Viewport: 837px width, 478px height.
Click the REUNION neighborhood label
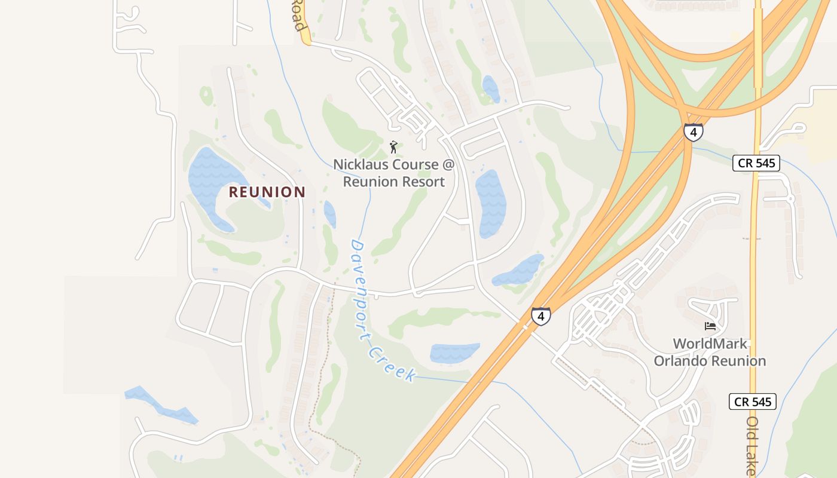267,192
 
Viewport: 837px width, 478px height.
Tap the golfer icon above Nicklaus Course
393,146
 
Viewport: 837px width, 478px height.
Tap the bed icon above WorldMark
710,326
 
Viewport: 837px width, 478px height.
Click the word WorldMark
710,344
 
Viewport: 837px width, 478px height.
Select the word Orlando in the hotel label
680,361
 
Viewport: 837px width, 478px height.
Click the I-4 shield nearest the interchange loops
693,132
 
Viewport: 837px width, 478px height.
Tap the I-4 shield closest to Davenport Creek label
540,315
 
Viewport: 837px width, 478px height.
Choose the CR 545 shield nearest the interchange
756,163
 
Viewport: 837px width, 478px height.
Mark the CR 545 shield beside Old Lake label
753,402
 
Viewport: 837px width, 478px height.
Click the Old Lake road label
752,445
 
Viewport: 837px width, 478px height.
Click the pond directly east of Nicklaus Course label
490,203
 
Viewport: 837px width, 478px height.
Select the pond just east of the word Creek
454,353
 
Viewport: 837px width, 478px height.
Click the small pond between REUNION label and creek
329,214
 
